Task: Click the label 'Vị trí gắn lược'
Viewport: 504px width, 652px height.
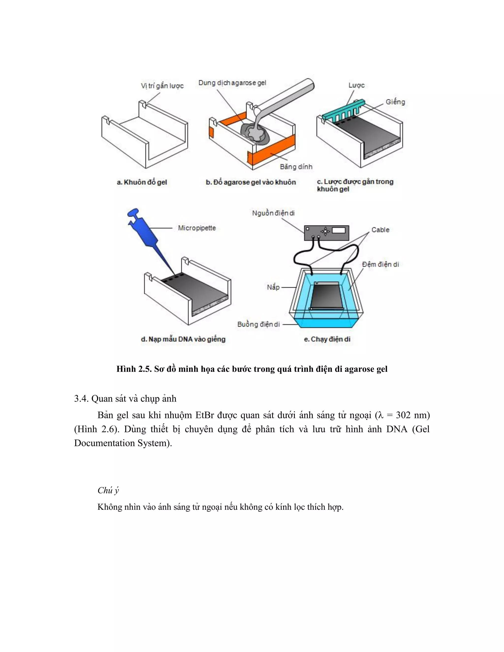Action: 162,86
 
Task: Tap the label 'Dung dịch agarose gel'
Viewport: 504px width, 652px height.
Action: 232,83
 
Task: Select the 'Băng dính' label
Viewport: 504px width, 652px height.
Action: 296,167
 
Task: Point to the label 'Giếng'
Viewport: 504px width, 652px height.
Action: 395,102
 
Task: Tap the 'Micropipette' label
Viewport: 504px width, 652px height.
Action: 197,228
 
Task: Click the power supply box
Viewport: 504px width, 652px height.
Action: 326,233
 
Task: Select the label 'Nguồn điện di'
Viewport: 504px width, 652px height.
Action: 273,213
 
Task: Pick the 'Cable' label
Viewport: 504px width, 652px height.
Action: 380,230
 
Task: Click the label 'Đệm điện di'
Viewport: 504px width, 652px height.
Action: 380,264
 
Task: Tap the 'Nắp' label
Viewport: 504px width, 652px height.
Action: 273,287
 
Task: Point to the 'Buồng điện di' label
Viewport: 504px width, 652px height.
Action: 259,324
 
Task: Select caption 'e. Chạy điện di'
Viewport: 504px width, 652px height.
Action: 327,339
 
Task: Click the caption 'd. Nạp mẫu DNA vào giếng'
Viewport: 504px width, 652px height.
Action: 183,339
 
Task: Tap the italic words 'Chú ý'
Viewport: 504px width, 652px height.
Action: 108,490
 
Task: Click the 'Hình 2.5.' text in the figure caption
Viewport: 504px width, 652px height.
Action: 134,369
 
